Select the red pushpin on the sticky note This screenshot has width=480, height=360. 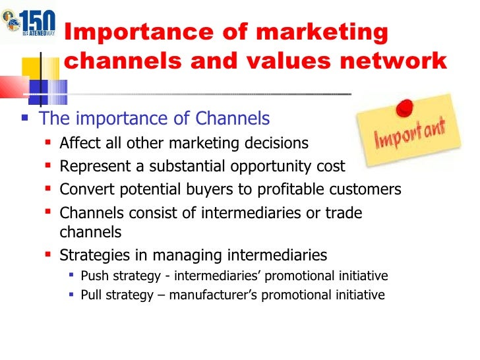pos(405,106)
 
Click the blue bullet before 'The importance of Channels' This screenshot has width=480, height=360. pos(25,119)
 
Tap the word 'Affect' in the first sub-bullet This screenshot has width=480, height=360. pos(78,143)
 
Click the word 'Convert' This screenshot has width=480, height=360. pos(84,190)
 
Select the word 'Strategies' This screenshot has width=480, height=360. pos(92,255)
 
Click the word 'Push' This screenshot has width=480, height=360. pos(92,276)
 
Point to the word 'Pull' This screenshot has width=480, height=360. pos(90,295)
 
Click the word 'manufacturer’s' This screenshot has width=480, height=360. pos(214,295)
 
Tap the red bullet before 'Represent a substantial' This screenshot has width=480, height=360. pos(48,167)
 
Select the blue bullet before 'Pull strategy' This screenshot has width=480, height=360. pos(71,295)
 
